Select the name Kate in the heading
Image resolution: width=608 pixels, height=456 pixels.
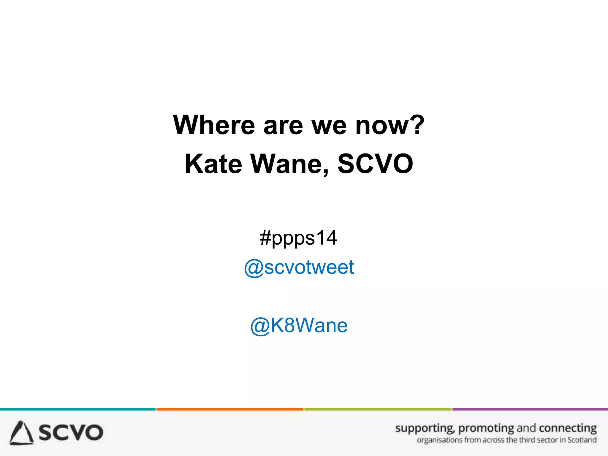[x=213, y=164]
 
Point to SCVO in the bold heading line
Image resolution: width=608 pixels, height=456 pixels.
[x=375, y=164]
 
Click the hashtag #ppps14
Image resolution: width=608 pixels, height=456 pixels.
[x=298, y=238]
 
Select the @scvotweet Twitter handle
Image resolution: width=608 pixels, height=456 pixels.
[x=299, y=267]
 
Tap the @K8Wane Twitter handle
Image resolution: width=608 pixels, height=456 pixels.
[x=299, y=325]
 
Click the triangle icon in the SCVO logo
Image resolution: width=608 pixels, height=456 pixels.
[x=21, y=433]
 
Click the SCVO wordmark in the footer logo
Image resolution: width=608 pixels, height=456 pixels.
[x=71, y=433]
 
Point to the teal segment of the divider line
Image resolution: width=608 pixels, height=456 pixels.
[x=78, y=409]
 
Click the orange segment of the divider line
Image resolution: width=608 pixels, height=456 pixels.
[x=230, y=409]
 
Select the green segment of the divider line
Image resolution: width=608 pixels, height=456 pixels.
[x=378, y=409]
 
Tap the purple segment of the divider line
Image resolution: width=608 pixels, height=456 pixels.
[x=530, y=409]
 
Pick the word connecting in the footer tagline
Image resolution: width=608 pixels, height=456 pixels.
[x=568, y=428]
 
